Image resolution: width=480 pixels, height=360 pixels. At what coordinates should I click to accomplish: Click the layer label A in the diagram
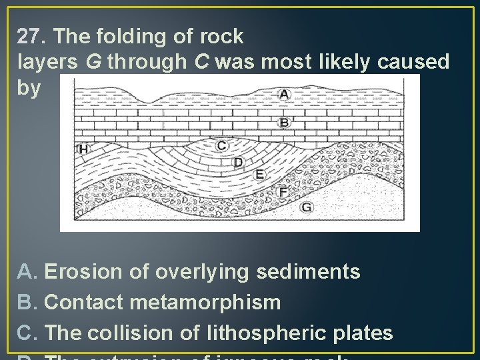[284, 95]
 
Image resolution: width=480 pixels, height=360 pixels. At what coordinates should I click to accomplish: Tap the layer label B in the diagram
[284, 122]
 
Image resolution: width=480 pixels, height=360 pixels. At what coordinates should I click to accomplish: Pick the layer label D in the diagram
[238, 162]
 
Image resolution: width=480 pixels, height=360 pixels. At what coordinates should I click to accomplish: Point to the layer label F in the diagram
[283, 192]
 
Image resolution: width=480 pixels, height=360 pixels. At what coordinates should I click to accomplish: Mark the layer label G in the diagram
[306, 207]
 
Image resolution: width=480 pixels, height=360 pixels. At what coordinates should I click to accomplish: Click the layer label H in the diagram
[83, 149]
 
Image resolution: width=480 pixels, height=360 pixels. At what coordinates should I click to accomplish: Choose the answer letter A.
[28, 272]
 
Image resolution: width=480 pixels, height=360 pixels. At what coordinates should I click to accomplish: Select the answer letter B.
[28, 303]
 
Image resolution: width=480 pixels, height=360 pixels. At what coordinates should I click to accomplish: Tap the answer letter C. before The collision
[28, 333]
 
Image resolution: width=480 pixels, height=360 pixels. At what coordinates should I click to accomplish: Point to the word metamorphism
[206, 303]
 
